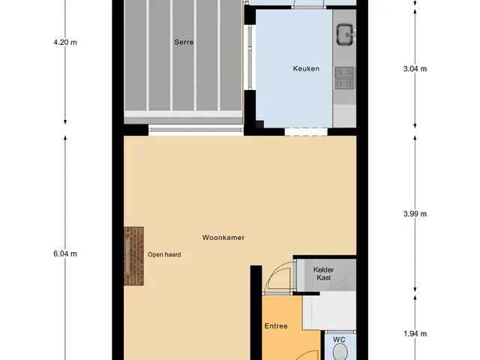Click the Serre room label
pyautogui.click(x=184, y=42)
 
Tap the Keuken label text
pyautogui.click(x=306, y=68)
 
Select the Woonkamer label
pyautogui.click(x=223, y=238)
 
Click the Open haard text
pyautogui.click(x=164, y=254)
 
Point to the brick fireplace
pyautogui.click(x=133, y=256)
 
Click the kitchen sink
pyautogui.click(x=345, y=35)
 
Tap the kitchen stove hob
pyautogui.click(x=344, y=78)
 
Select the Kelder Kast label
pyautogui.click(x=323, y=274)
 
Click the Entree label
pyautogui.click(x=276, y=326)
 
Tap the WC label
pyautogui.click(x=339, y=340)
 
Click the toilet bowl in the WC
pyautogui.click(x=340, y=352)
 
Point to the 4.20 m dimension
pyautogui.click(x=65, y=42)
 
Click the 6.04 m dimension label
pyautogui.click(x=65, y=253)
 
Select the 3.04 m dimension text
pyautogui.click(x=415, y=69)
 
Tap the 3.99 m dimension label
pyautogui.click(x=415, y=214)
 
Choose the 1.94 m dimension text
pyautogui.click(x=415, y=334)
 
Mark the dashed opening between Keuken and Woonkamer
pyautogui.click(x=306, y=132)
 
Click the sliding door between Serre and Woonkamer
pyautogui.click(x=196, y=130)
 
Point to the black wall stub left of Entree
pyautogui.click(x=256, y=312)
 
